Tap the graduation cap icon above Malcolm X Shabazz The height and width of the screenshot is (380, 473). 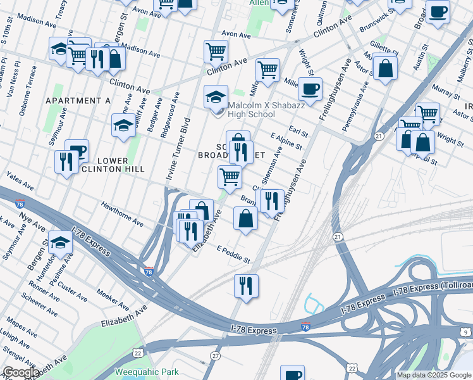click(x=216, y=97)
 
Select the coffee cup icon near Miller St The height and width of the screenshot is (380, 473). click(x=310, y=89)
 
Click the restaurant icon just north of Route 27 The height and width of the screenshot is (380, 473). click(x=246, y=286)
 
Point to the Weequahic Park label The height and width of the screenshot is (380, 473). click(x=147, y=372)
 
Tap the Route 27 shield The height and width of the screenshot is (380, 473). click(x=216, y=357)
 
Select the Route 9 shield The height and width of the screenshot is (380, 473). click(x=466, y=331)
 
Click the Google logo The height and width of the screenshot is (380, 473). click(x=21, y=372)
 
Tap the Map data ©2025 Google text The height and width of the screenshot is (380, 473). click(x=434, y=375)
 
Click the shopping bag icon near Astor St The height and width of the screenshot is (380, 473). click(x=384, y=67)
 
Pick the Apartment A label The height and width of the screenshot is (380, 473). click(x=78, y=101)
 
